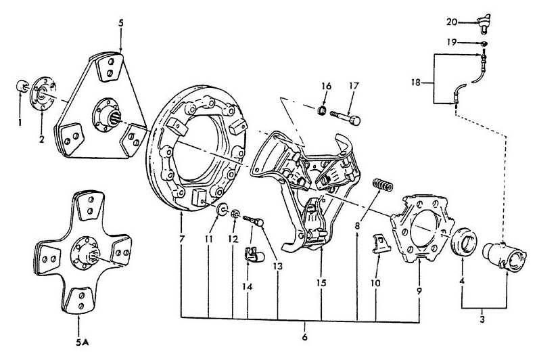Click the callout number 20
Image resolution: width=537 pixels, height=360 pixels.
coord(452,21)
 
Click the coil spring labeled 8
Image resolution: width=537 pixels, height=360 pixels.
coord(383,184)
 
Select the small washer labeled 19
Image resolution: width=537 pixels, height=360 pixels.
coord(484,43)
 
